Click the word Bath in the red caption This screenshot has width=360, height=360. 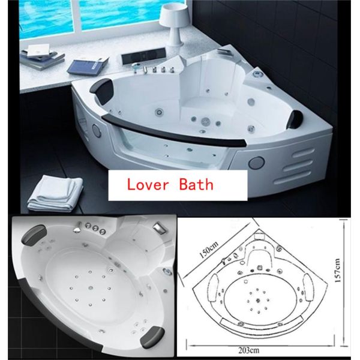click(197, 184)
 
